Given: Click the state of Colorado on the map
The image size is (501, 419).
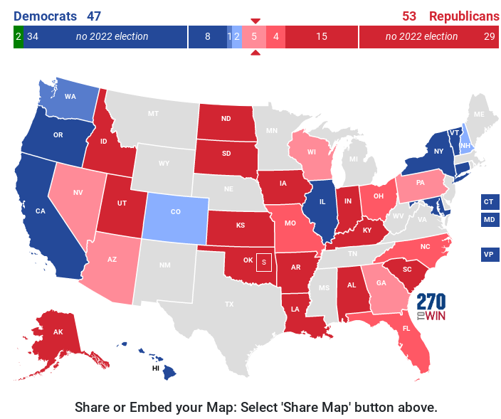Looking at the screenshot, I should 176,212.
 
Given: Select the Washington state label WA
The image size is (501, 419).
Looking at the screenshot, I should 70,97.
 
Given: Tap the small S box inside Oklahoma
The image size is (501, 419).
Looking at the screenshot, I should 263,262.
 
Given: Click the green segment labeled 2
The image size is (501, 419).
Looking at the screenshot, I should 18,36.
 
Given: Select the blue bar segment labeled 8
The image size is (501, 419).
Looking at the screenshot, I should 207,36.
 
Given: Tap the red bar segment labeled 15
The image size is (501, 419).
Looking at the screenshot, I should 322,36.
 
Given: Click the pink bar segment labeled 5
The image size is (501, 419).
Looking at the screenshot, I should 254,36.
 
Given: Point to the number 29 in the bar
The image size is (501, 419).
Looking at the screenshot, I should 489,36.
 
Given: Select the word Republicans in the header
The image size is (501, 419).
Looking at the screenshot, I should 464,16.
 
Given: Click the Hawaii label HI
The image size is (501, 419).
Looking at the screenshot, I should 156,368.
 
